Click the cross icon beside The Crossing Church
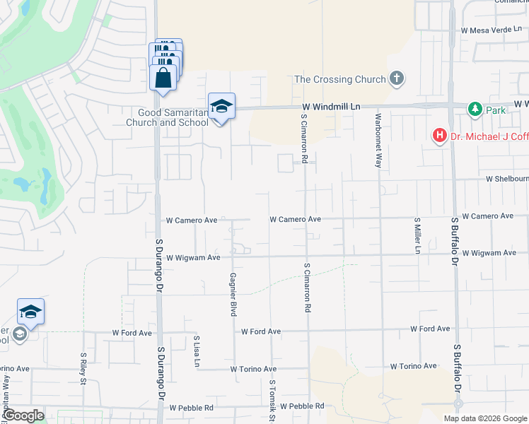(397, 78)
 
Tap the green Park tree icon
(475, 110)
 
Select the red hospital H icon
(439, 134)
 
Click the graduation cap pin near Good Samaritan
(221, 107)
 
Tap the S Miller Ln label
(417, 236)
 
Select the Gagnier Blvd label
(232, 294)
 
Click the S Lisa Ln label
(197, 351)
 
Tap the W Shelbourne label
(506, 179)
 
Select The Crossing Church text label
(340, 79)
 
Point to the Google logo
(23, 416)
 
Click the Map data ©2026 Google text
(484, 418)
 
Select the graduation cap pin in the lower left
(31, 312)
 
